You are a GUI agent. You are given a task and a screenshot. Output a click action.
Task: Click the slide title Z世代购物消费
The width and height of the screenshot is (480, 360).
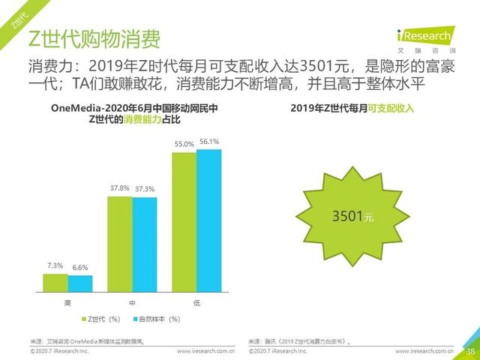93,38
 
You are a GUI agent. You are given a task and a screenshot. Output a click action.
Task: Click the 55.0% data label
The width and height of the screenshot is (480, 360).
184,144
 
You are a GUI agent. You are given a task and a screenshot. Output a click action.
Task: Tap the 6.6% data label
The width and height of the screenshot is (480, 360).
79,268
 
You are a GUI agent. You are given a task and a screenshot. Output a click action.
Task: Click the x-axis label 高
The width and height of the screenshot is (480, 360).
67,302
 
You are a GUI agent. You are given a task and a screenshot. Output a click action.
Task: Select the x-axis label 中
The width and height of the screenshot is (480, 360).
132,302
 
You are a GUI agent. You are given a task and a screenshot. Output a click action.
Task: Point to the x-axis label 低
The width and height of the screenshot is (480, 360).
196,302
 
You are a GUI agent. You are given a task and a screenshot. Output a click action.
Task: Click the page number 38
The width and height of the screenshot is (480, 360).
470,351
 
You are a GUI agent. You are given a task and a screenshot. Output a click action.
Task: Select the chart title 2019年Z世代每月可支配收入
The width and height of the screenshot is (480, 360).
352,109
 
